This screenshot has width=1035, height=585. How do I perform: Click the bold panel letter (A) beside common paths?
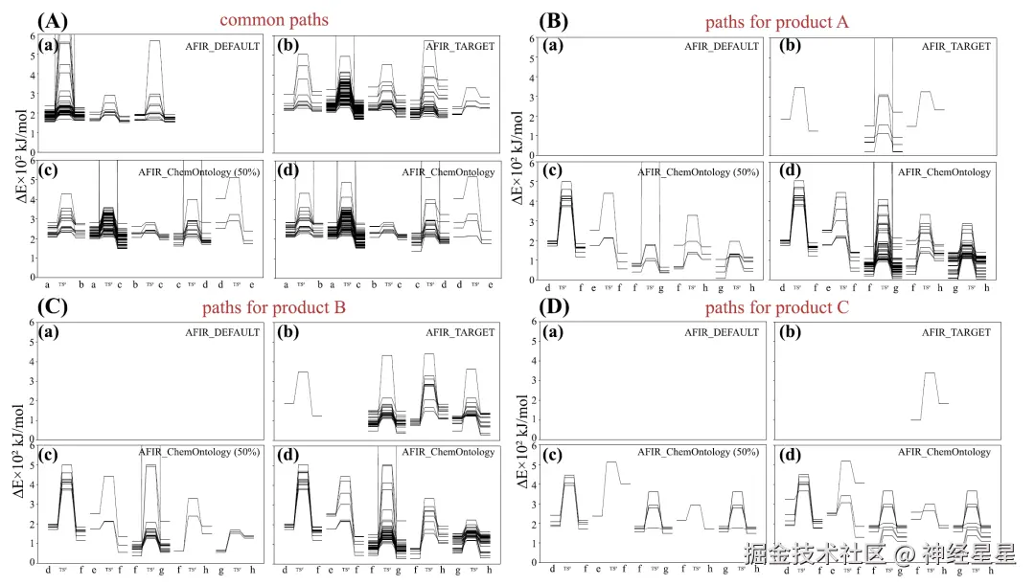click(51, 20)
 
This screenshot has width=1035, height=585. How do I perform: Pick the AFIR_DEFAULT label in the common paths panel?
click(223, 46)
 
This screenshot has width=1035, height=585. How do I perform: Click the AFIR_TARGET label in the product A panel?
click(955, 46)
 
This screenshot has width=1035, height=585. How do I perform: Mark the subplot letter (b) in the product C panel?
click(789, 332)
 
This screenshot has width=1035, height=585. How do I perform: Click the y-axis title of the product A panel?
click(518, 153)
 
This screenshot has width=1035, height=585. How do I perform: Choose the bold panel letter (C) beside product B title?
click(50, 308)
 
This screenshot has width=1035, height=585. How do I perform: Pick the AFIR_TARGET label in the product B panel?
click(460, 332)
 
